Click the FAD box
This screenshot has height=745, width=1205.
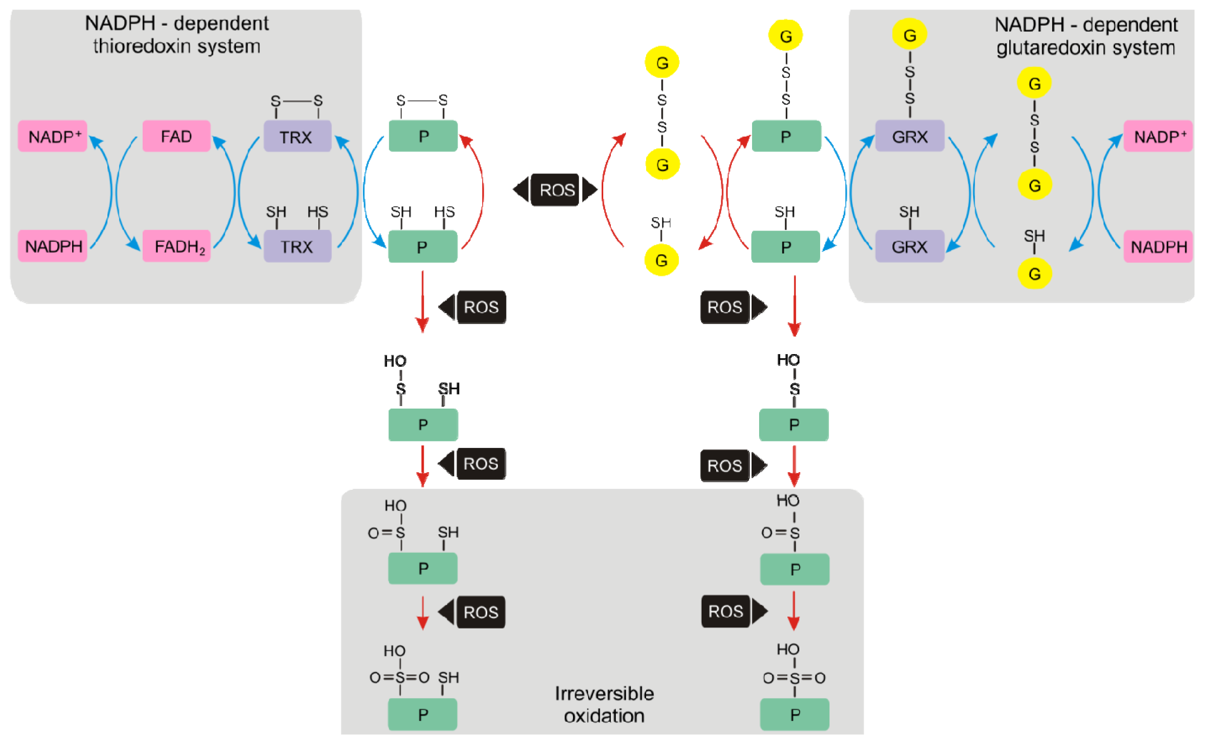pos(176,136)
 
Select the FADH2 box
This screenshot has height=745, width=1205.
pos(176,246)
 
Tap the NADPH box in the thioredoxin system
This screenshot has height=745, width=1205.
pos(52,246)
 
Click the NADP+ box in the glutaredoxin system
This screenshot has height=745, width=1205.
pos(1158,136)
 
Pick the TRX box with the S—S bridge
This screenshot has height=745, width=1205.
pos(297,136)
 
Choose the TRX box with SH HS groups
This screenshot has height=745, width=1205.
pos(297,246)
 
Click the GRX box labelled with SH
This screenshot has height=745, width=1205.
pos(909,246)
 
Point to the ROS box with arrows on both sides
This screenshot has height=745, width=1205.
pos(555,190)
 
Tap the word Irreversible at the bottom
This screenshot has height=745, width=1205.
pos(604,694)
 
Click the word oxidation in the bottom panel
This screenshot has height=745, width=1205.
pos(604,716)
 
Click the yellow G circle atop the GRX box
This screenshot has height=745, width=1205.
pos(909,35)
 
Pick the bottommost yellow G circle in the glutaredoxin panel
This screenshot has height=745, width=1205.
pos(1034,274)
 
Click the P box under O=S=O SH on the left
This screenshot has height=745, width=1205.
pos(422,714)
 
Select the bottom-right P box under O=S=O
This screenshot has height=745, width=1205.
pos(794,714)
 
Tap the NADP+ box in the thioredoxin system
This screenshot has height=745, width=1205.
pos(52,136)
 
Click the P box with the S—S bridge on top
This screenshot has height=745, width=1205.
pos(423,136)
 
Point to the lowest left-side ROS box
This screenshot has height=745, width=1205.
pos(481,612)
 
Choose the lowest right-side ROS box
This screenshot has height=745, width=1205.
pos(725,611)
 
